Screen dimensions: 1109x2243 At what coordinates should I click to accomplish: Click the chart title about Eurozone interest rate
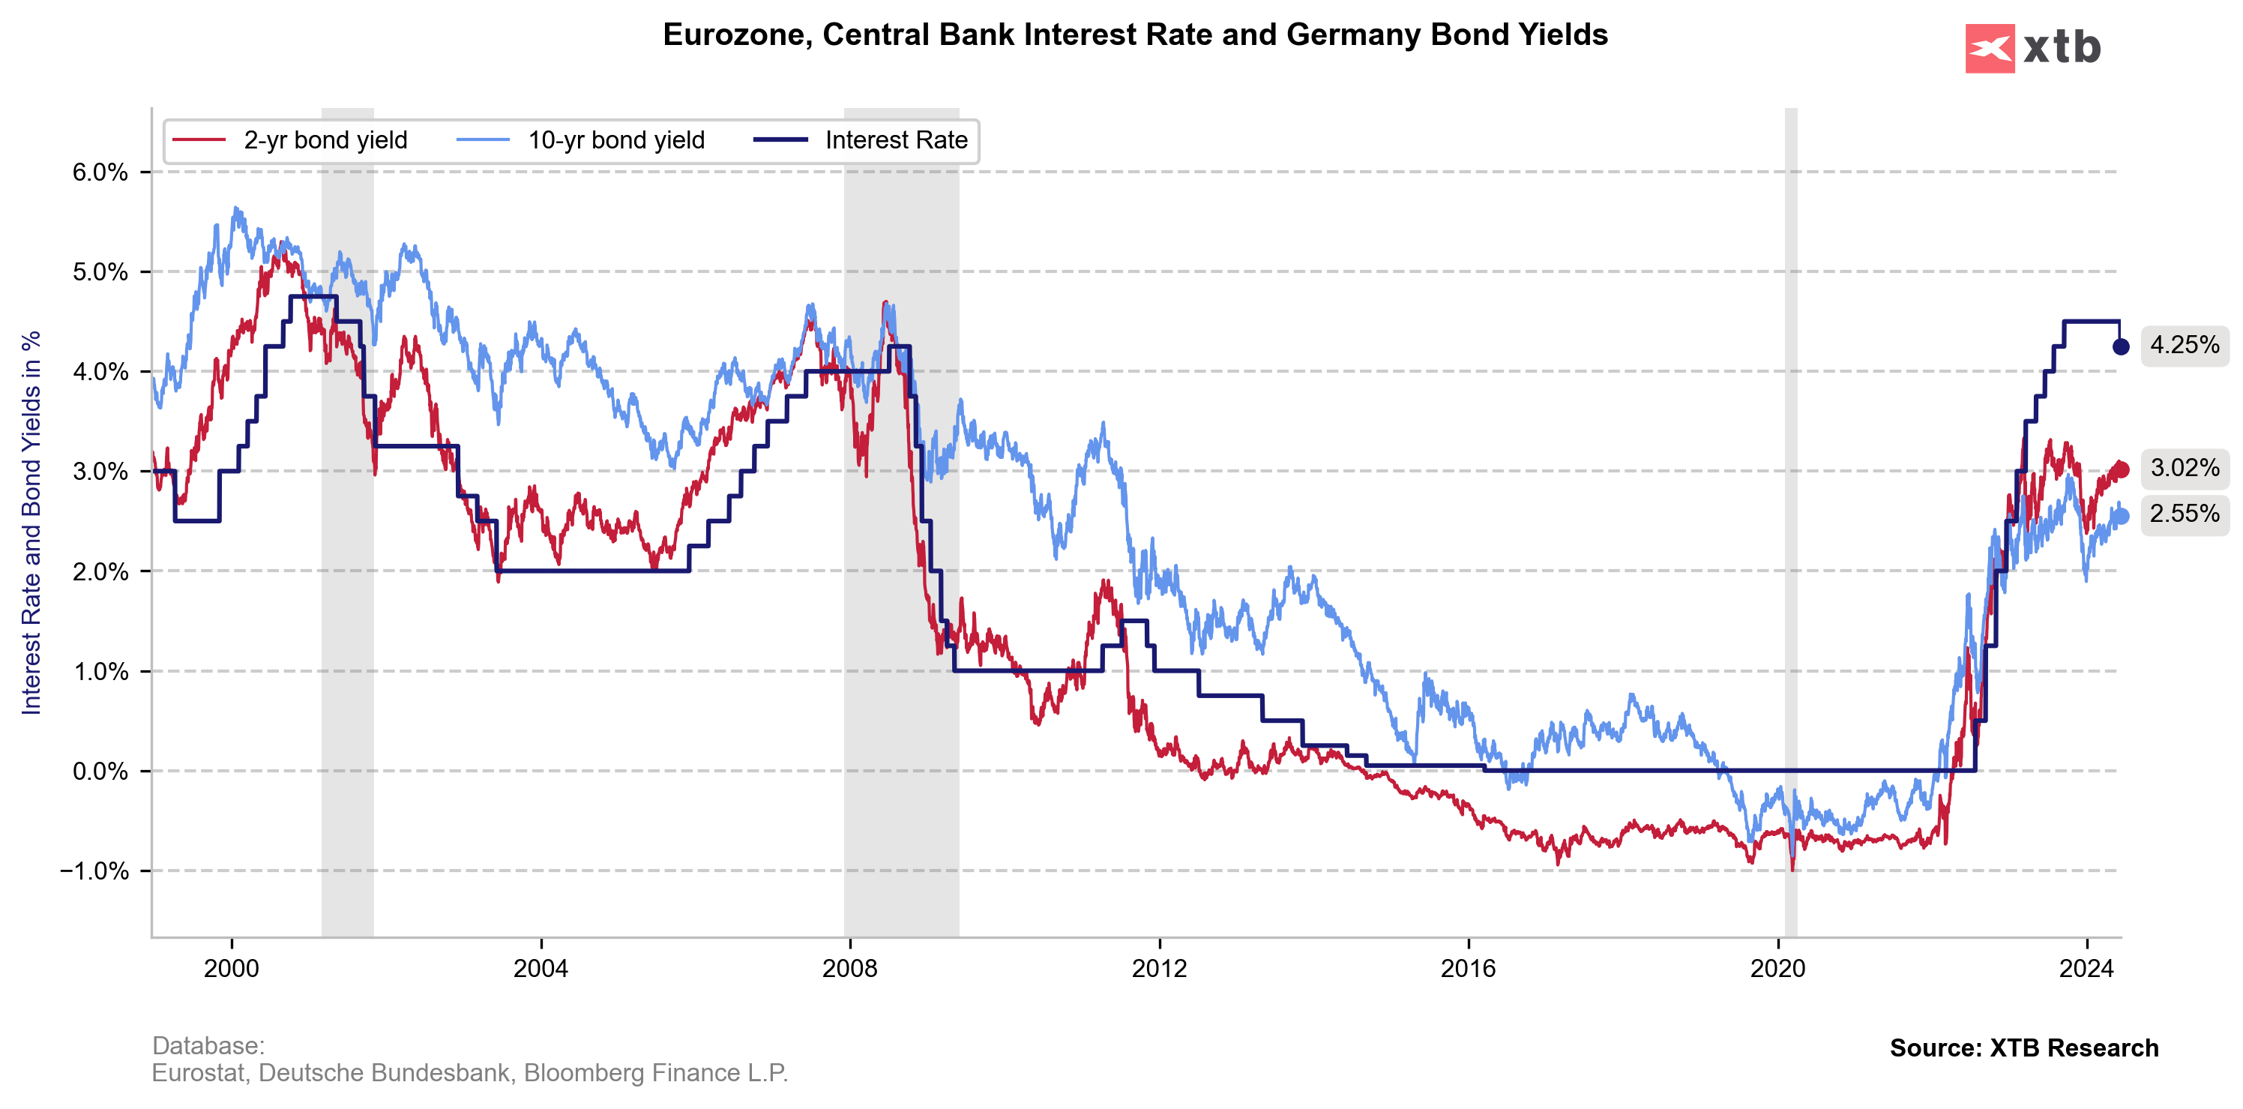[x=1134, y=34]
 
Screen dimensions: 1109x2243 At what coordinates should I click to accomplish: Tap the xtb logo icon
[x=1989, y=49]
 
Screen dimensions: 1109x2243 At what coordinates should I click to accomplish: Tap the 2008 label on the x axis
[x=850, y=968]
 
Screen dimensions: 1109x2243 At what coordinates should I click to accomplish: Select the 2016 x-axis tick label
[x=1468, y=968]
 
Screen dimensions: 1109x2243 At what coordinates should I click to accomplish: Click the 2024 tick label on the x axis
[x=2086, y=968]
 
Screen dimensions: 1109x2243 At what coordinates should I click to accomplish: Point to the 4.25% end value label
[x=2184, y=346]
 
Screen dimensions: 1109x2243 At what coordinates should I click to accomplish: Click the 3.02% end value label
[x=2184, y=469]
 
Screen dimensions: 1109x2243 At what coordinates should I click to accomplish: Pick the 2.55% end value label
[x=2184, y=514]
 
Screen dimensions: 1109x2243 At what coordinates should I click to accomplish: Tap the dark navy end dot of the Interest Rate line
[x=2121, y=346]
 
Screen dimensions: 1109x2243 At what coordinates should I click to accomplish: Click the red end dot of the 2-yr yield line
[x=2121, y=470]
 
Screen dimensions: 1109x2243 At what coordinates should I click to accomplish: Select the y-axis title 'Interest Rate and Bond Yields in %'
[x=31, y=523]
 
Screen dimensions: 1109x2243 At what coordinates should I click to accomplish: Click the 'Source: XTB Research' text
[x=2023, y=1048]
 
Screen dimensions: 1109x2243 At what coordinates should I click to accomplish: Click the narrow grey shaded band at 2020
[x=1790, y=523]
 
